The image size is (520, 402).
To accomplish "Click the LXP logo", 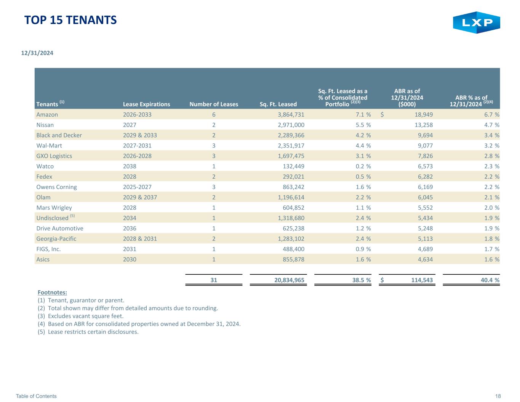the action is (476, 22).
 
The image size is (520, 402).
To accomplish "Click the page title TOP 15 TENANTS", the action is (70, 20).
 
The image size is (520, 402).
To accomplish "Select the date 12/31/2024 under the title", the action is (37, 53).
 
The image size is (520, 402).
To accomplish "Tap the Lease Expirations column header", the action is (146, 104).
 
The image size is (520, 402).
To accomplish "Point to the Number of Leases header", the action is (214, 104).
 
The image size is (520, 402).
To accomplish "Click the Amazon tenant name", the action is (47, 115).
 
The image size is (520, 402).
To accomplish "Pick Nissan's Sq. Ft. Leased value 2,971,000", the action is (291, 125).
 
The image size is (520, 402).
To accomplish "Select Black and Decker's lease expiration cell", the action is (140, 135).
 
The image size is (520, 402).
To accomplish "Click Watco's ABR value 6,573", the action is (425, 166).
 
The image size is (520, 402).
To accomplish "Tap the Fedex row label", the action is (44, 176).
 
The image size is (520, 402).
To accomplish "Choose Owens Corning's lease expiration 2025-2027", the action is (137, 187).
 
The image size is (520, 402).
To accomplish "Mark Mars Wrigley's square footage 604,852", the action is (293, 208).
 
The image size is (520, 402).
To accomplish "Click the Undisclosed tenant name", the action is (53, 218).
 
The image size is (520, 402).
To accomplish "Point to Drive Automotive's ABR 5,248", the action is (425, 228).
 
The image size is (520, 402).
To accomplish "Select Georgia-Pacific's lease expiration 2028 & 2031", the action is (140, 239).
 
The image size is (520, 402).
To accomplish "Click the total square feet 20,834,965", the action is (289, 280).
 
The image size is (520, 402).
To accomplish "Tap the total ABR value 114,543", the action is (422, 280).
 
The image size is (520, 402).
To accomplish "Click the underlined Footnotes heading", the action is (53, 292).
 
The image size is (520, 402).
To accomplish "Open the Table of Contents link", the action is (36, 396).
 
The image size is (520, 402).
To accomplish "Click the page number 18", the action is (498, 396).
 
